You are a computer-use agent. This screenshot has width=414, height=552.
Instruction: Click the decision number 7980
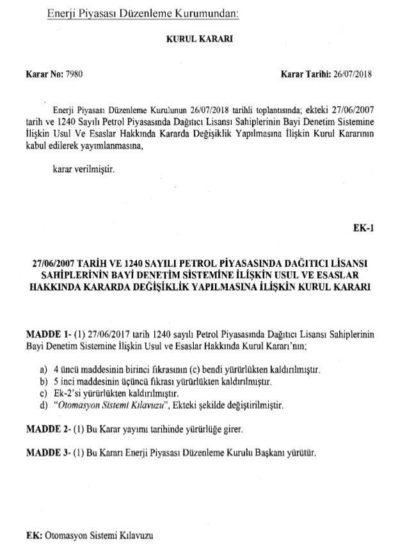(75, 74)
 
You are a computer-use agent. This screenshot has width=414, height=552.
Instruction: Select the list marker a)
(43, 370)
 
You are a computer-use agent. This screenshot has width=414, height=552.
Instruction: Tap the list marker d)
(43, 405)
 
